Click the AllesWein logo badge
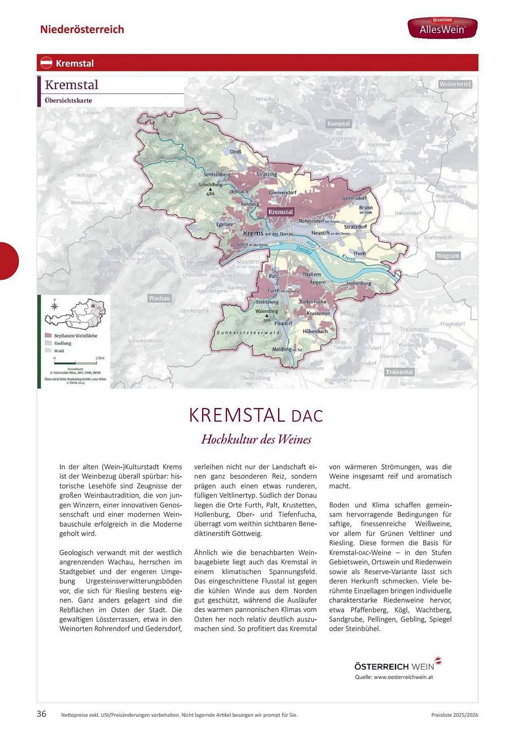point(442,28)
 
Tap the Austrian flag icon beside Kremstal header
point(46,63)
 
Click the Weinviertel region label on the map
point(455,84)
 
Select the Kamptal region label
point(338,124)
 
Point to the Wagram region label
point(448,256)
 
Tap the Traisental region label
point(399,372)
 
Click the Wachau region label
point(159,298)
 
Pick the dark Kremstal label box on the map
point(280,212)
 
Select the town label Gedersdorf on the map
point(354,198)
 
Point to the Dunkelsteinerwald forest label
point(248,332)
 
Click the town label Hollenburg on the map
point(359,283)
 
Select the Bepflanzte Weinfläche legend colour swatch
point(48,335)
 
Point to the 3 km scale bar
point(75,363)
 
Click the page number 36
point(42,714)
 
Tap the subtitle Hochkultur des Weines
point(256,439)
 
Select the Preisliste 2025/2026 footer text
point(454,715)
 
